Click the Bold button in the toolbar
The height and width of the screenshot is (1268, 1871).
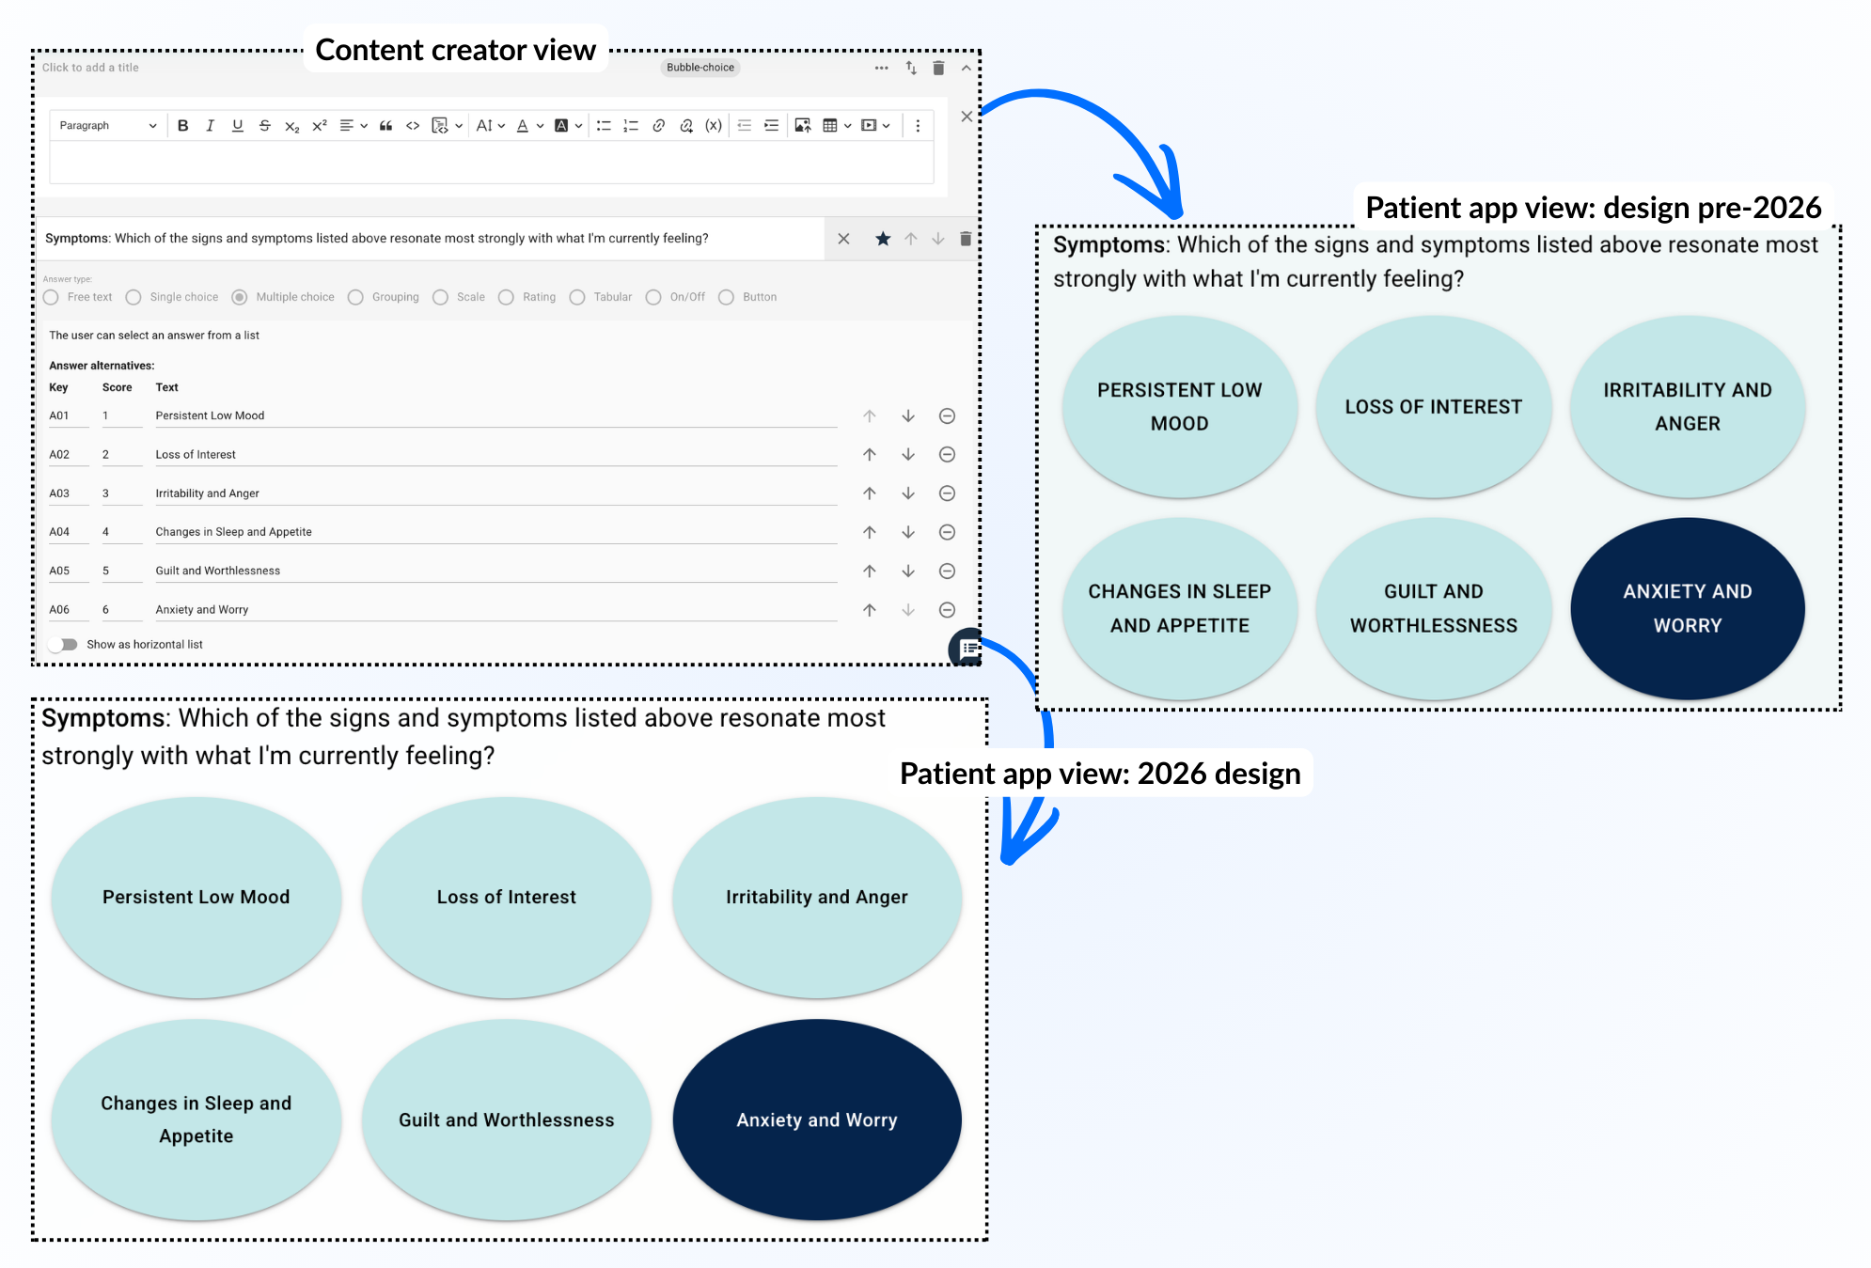point(183,126)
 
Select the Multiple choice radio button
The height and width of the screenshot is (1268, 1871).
point(240,297)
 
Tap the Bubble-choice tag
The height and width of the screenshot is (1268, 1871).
point(700,68)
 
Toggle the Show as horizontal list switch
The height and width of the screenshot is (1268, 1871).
point(64,645)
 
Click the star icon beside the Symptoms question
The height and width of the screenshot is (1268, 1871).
point(883,239)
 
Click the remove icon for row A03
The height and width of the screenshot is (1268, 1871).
point(947,493)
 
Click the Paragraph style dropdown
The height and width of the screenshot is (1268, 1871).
point(107,126)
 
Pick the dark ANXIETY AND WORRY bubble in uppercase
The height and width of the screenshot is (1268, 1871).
point(1687,608)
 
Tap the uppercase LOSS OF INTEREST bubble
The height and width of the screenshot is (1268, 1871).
point(1433,407)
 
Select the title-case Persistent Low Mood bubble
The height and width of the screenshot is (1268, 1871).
point(196,898)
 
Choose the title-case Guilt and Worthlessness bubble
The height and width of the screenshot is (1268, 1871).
point(506,1120)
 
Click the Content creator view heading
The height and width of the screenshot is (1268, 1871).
point(455,50)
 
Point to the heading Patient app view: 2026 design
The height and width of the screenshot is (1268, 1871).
point(1100,774)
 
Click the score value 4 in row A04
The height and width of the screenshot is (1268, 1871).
point(106,532)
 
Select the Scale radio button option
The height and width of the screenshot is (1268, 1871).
point(440,297)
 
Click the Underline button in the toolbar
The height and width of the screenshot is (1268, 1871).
point(238,126)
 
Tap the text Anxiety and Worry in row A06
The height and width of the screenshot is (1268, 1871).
point(202,610)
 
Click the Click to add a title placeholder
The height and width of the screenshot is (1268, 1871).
point(90,68)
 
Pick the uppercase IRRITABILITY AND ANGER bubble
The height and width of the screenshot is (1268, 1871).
point(1687,407)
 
